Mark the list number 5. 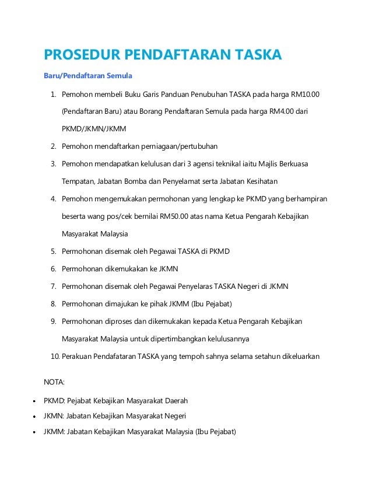[x=52, y=252]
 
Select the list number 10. [x=54, y=357]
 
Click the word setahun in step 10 [x=253, y=357]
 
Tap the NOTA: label [x=55, y=383]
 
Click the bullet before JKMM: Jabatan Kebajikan [x=36, y=432]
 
